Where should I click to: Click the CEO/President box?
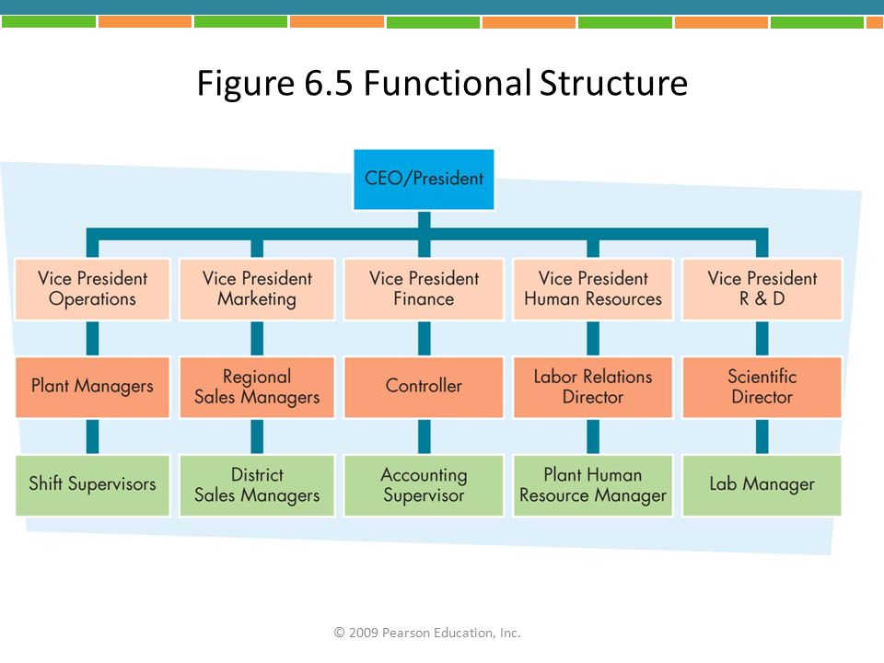pos(424,180)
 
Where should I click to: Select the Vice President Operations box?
pos(92,289)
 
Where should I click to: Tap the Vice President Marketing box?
pos(257,289)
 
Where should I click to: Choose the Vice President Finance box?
pos(424,289)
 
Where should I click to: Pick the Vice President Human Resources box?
pos(593,289)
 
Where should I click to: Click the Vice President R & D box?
pos(762,289)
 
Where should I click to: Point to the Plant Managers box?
pos(92,387)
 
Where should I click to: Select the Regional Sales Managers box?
pos(257,387)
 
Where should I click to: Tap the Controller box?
pos(424,387)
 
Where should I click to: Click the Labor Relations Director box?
pos(593,387)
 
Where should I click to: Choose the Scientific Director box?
pos(762,387)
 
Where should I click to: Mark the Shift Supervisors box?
pos(92,485)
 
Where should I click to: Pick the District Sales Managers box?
pos(257,485)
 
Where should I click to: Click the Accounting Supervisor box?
pos(424,485)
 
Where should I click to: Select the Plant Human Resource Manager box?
pos(593,485)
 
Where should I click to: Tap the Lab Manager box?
pos(762,485)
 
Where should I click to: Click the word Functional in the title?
pos(448,83)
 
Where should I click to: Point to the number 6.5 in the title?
pos(329,84)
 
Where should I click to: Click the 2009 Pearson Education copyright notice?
pos(427,633)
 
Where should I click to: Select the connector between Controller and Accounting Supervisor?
pos(424,436)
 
